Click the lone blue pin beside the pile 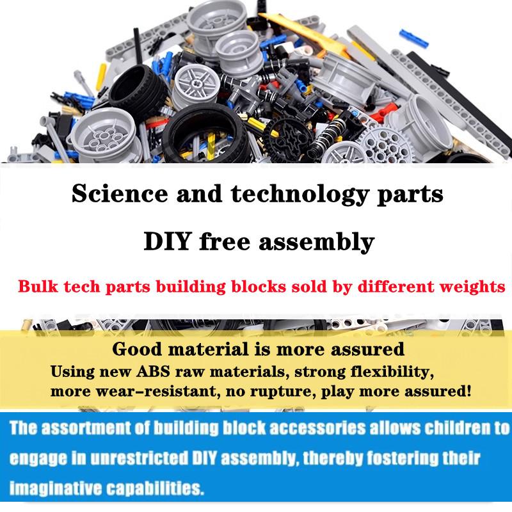click(413, 38)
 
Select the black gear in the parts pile click(288, 136)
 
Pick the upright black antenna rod click(138, 47)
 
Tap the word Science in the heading click(120, 194)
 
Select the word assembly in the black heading click(316, 243)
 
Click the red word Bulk click(38, 286)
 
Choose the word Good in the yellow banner click(137, 349)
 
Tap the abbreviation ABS click(153, 372)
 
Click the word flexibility click(392, 372)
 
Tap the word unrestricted click(139, 458)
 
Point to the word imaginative click(56, 489)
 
